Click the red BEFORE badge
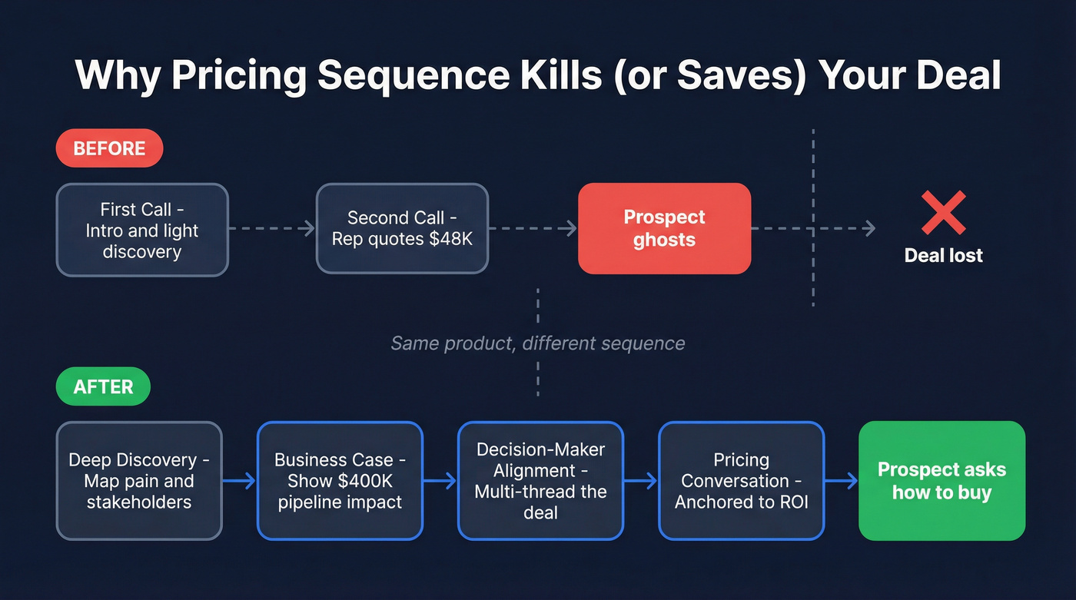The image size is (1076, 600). [109, 148]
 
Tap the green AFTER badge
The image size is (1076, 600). [103, 386]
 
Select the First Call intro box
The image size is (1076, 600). [142, 230]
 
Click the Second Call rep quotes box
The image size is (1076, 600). [402, 228]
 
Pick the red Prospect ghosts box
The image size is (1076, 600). [664, 228]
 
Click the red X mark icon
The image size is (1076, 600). [943, 213]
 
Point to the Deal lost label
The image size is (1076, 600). [943, 255]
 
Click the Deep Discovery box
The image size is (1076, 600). [139, 481]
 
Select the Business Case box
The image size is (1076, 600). [340, 481]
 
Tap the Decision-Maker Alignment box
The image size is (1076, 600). [540, 481]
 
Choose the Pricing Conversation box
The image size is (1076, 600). [741, 481]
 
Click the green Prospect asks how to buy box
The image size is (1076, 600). [941, 481]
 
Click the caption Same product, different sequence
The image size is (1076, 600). [537, 343]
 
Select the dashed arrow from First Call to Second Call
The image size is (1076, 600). [272, 228]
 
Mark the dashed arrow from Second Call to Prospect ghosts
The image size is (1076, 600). [533, 228]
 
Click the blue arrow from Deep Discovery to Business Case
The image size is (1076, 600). [239, 481]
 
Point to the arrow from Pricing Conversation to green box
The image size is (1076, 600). [841, 481]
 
